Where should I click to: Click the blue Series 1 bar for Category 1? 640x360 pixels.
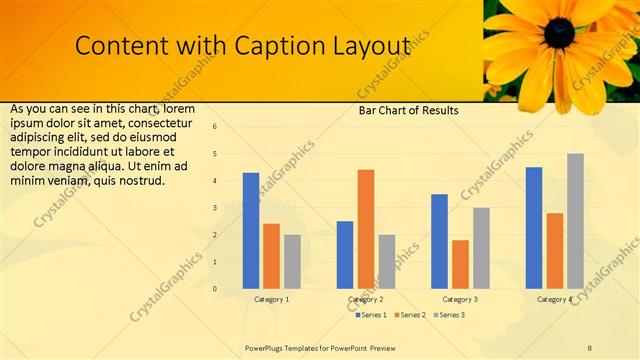(251, 231)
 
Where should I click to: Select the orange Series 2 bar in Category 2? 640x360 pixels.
(366, 229)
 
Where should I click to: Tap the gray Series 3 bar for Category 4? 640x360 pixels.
(575, 221)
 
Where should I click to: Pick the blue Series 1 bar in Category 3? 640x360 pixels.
(439, 241)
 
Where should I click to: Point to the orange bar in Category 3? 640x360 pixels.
(460, 264)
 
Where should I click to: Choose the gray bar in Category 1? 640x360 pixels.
(292, 261)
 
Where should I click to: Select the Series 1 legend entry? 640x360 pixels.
(372, 315)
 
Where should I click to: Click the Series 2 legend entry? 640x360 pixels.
(411, 315)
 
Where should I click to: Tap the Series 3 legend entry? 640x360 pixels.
(449, 315)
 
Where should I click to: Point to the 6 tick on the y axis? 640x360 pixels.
(214, 127)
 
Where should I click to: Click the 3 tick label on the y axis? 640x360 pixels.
(214, 208)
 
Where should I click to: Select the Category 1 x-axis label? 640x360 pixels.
(271, 299)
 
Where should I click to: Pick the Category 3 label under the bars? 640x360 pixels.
(460, 299)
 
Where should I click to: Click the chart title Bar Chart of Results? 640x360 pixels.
(408, 111)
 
